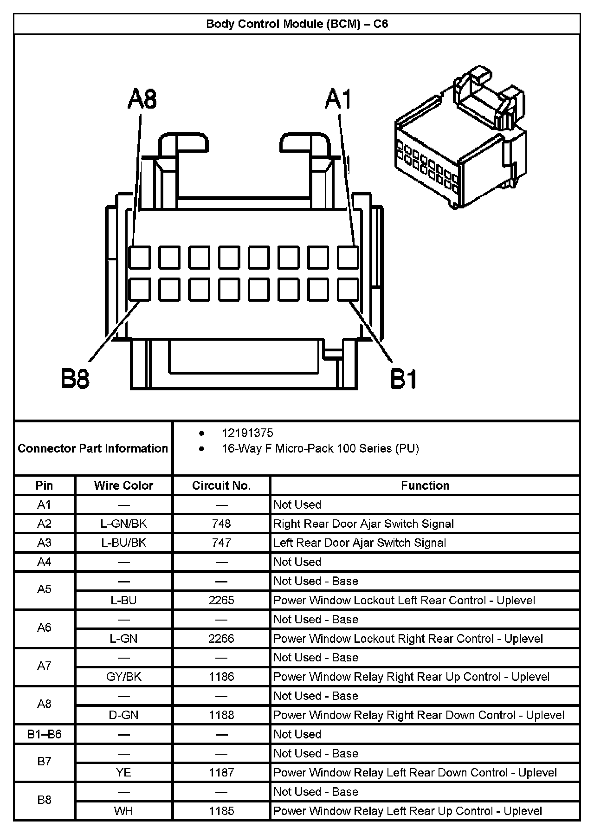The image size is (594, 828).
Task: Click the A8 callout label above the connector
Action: tap(142, 99)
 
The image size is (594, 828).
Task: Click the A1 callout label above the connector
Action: tap(338, 99)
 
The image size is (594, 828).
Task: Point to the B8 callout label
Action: tap(75, 378)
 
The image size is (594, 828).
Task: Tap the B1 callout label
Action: tap(403, 378)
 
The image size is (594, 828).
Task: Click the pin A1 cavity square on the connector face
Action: tap(348, 258)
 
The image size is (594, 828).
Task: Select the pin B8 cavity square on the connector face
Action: tap(139, 290)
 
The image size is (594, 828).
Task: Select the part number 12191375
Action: tap(247, 433)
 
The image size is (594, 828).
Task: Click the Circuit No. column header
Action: tap(221, 485)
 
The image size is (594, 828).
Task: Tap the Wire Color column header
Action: tap(123, 485)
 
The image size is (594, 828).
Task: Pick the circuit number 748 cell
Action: tap(221, 524)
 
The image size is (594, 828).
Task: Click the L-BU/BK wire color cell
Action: tap(123, 543)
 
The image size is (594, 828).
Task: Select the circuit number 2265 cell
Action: tap(221, 600)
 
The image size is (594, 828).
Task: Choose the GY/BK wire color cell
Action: tap(123, 677)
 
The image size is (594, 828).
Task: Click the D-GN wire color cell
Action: tap(123, 715)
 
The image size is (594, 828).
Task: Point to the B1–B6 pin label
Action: tap(44, 734)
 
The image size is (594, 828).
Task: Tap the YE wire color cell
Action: tap(123, 772)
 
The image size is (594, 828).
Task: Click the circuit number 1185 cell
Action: tap(221, 811)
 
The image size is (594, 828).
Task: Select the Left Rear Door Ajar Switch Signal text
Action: tap(360, 543)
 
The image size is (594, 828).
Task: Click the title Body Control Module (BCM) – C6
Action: tap(297, 24)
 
